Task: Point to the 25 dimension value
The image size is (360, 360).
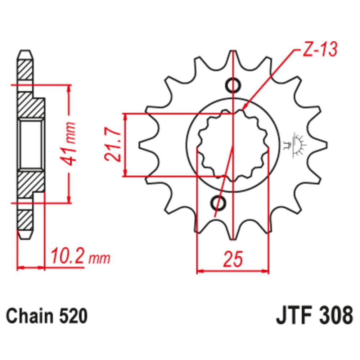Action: point(232,259)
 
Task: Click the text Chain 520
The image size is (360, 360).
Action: point(46,316)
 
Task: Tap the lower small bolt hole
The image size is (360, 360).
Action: point(218,204)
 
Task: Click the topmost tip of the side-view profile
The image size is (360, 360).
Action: point(25,53)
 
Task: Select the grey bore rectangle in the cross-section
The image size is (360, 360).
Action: point(31,144)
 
